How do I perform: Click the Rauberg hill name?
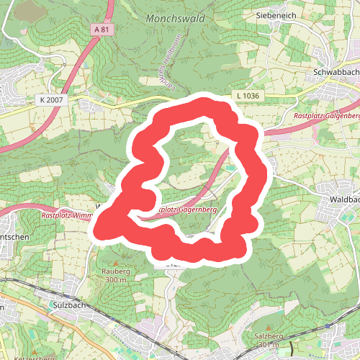116,271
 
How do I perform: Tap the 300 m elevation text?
115,279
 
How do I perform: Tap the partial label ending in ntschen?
13,238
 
